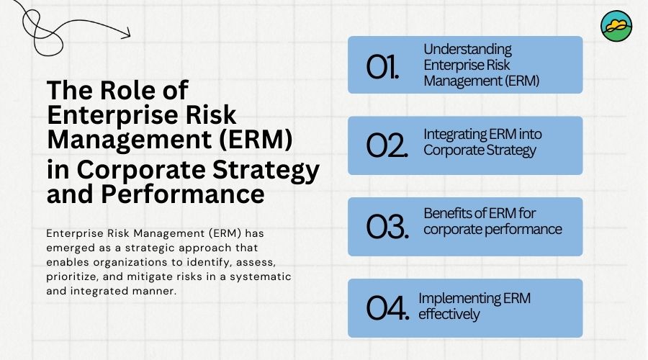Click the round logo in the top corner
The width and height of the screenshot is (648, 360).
tap(616, 26)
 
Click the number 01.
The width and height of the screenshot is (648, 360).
tap(383, 67)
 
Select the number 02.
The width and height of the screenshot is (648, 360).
tap(387, 145)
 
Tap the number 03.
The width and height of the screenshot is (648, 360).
tap(387, 227)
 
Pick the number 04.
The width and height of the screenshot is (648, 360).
tap(387, 308)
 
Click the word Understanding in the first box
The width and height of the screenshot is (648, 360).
tap(467, 50)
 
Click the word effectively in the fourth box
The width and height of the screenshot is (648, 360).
tap(449, 314)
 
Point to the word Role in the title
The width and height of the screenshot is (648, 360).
tap(129, 90)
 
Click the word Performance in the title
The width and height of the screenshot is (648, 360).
tap(183, 194)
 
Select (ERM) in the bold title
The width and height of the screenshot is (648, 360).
tap(256, 139)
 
